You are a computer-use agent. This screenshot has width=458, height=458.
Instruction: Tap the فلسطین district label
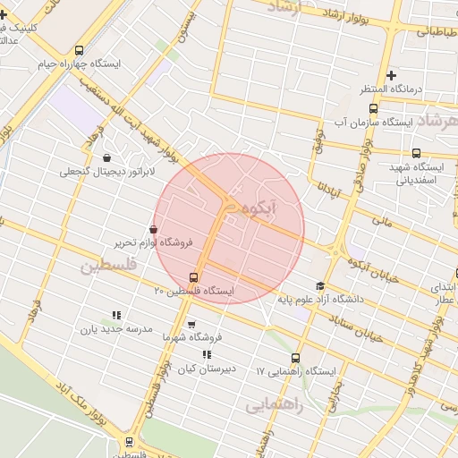coord(109,266)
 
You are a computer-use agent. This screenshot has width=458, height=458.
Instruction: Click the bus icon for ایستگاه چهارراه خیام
coord(80,51)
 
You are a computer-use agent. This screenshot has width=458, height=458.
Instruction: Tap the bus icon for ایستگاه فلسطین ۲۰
coord(193,277)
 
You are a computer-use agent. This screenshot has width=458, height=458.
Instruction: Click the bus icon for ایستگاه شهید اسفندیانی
coord(416,153)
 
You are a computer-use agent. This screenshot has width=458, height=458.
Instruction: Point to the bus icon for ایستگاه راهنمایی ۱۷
coord(296,356)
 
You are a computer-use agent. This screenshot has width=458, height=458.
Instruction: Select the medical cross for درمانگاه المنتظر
coord(390,75)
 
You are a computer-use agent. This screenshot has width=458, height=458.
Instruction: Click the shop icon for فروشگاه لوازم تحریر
coord(155,229)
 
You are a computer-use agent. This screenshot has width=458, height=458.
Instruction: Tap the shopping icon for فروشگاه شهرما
coord(191,325)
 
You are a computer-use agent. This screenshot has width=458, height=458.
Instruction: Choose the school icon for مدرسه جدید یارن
coord(116,315)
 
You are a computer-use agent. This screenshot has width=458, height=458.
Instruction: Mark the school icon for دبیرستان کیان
coord(208,355)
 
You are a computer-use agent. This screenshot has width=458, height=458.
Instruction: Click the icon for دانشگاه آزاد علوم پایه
coord(320,285)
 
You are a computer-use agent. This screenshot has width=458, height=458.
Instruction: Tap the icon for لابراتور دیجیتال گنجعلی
coord(107,158)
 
